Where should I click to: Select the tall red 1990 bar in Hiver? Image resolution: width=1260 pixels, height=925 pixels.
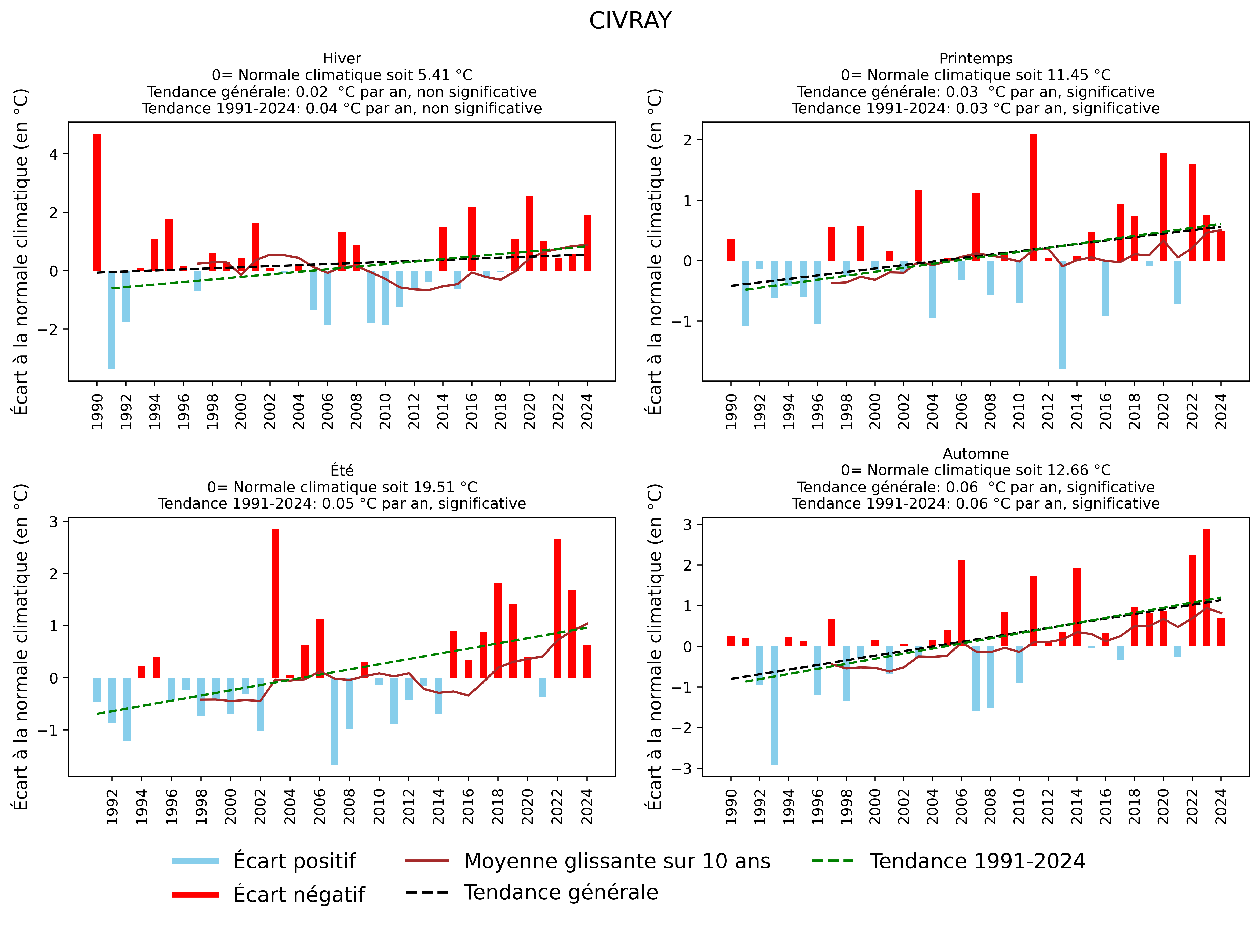97,202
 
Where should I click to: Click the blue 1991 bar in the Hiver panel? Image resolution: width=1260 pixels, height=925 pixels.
112,319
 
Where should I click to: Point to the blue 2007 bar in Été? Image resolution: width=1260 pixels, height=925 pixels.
334,721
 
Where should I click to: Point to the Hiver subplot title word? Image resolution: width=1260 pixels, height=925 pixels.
342,58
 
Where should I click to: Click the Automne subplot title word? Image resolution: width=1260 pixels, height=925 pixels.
976,454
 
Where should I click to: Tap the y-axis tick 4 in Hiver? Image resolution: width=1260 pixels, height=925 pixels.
54,154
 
